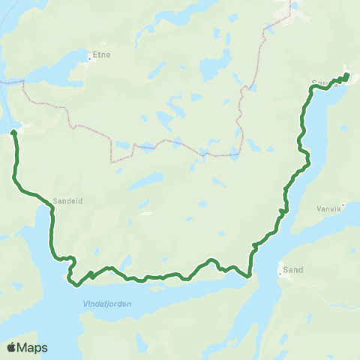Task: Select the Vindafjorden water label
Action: [100, 304]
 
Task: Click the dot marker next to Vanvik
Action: [343, 205]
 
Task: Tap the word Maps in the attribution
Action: [32, 347]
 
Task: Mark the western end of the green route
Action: [13, 133]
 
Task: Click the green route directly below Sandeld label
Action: [52, 225]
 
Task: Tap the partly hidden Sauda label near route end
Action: [318, 82]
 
